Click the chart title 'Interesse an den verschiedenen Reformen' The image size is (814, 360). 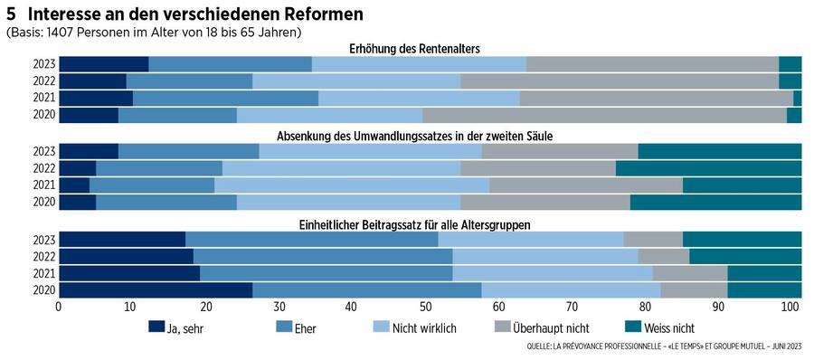pyautogui.click(x=195, y=14)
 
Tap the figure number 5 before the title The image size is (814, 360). pyautogui.click(x=10, y=14)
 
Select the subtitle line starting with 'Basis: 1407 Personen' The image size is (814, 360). pyautogui.click(x=154, y=32)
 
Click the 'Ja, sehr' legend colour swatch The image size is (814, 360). pyautogui.click(x=156, y=327)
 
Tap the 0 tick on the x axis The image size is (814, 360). pyautogui.click(x=59, y=308)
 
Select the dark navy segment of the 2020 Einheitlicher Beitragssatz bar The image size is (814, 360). pyautogui.click(x=155, y=290)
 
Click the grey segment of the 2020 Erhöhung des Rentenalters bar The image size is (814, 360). pyautogui.click(x=603, y=115)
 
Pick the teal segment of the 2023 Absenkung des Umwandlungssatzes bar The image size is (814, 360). pyautogui.click(x=719, y=151)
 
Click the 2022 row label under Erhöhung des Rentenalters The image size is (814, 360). pyautogui.click(x=44, y=81)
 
